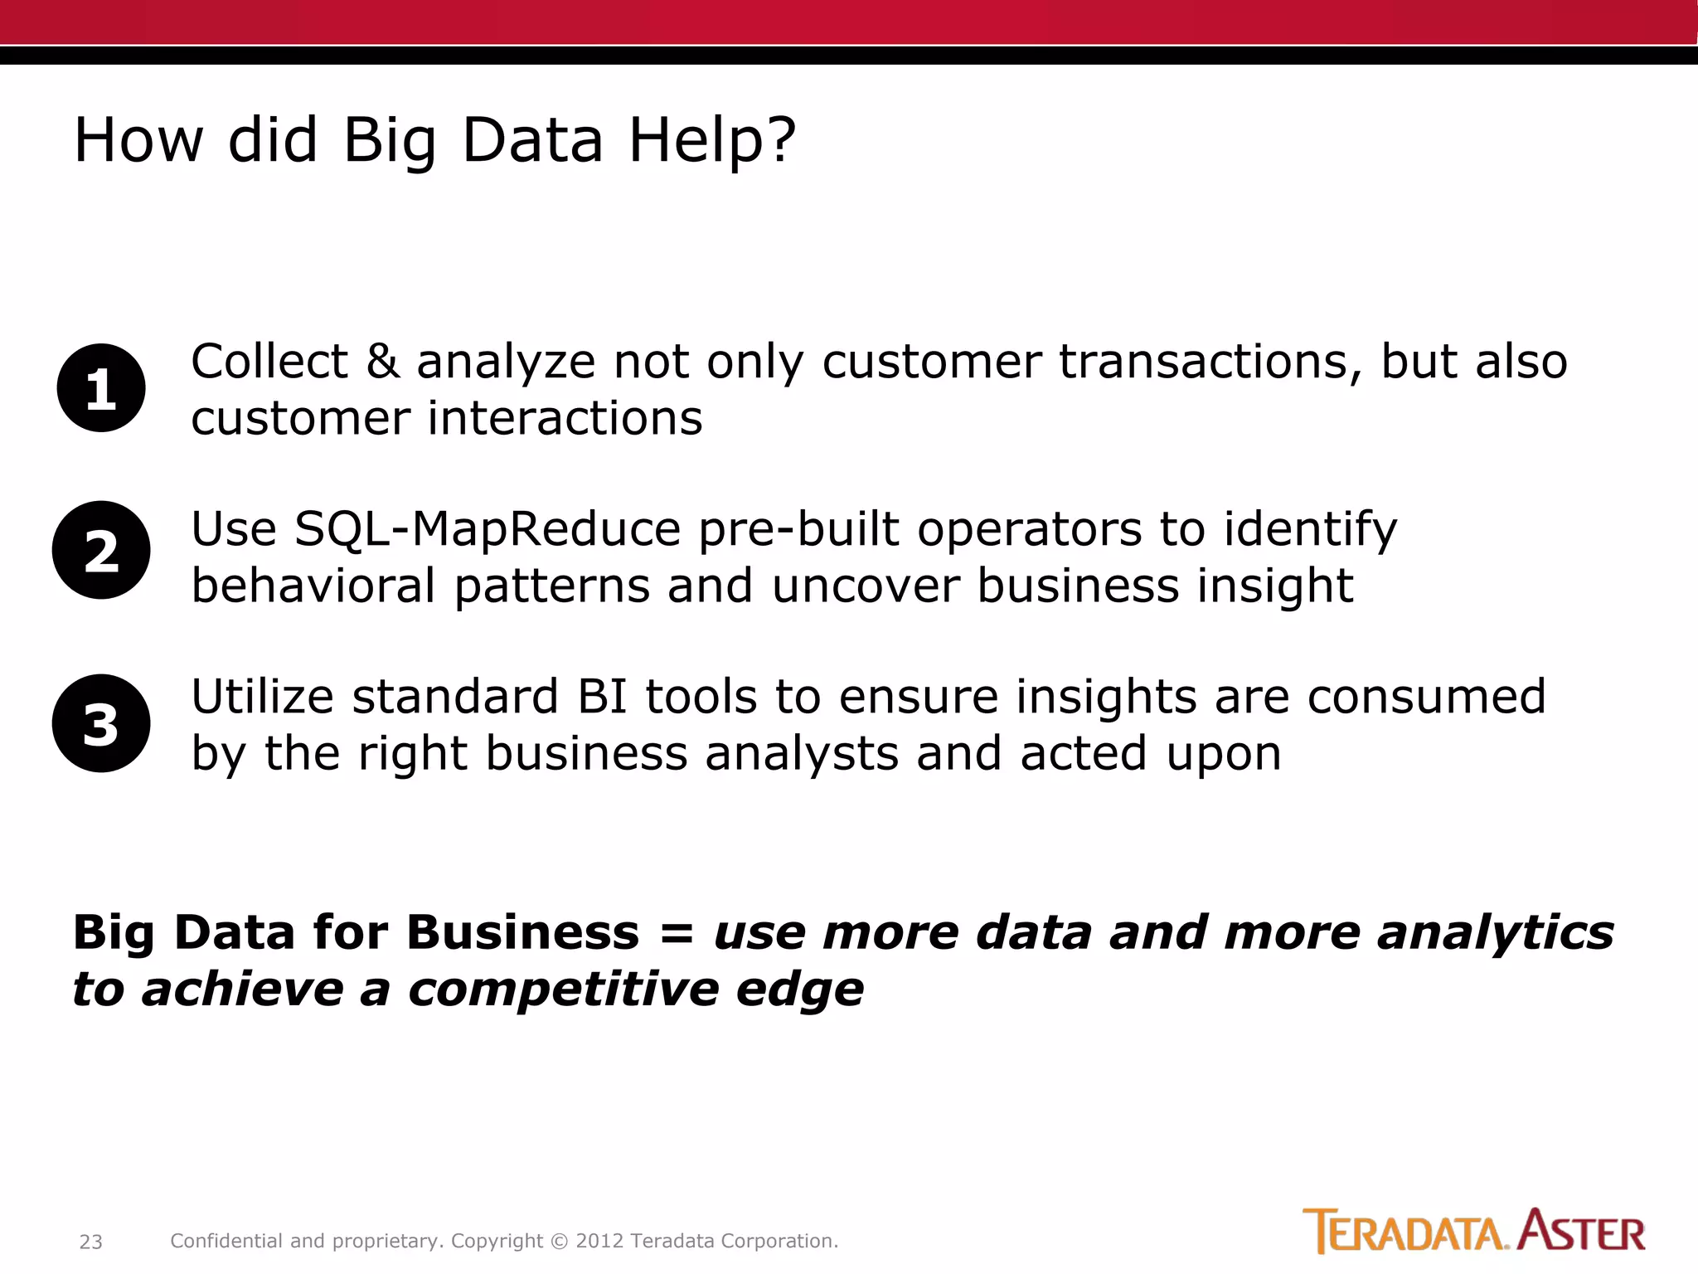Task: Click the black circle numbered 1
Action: point(101,387)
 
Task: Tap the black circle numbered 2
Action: point(101,550)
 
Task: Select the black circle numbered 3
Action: point(101,723)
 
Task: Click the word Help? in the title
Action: point(712,139)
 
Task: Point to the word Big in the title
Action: point(390,139)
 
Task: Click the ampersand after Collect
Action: point(382,362)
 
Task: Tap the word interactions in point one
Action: point(565,417)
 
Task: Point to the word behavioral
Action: point(313,586)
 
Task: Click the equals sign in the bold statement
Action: point(677,932)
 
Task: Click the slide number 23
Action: point(90,1242)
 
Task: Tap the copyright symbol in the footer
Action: point(560,1241)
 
